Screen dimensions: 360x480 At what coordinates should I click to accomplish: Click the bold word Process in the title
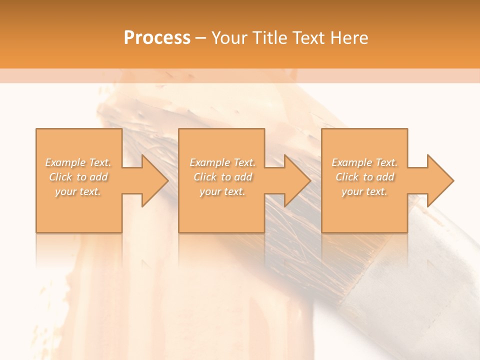click(157, 38)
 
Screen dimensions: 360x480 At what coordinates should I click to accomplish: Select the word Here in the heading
click(348, 38)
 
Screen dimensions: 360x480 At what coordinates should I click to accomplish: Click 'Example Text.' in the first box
click(78, 162)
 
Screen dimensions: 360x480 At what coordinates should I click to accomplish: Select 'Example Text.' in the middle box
click(222, 162)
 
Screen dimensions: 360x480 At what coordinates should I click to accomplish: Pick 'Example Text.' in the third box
click(364, 162)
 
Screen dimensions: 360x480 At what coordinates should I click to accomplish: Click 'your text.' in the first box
click(78, 191)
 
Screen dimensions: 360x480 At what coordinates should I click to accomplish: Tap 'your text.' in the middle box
click(222, 191)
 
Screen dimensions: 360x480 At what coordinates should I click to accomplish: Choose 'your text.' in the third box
click(364, 191)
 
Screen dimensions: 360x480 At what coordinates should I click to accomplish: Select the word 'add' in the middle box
click(242, 177)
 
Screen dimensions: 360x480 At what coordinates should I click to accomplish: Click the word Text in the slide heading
click(307, 38)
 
